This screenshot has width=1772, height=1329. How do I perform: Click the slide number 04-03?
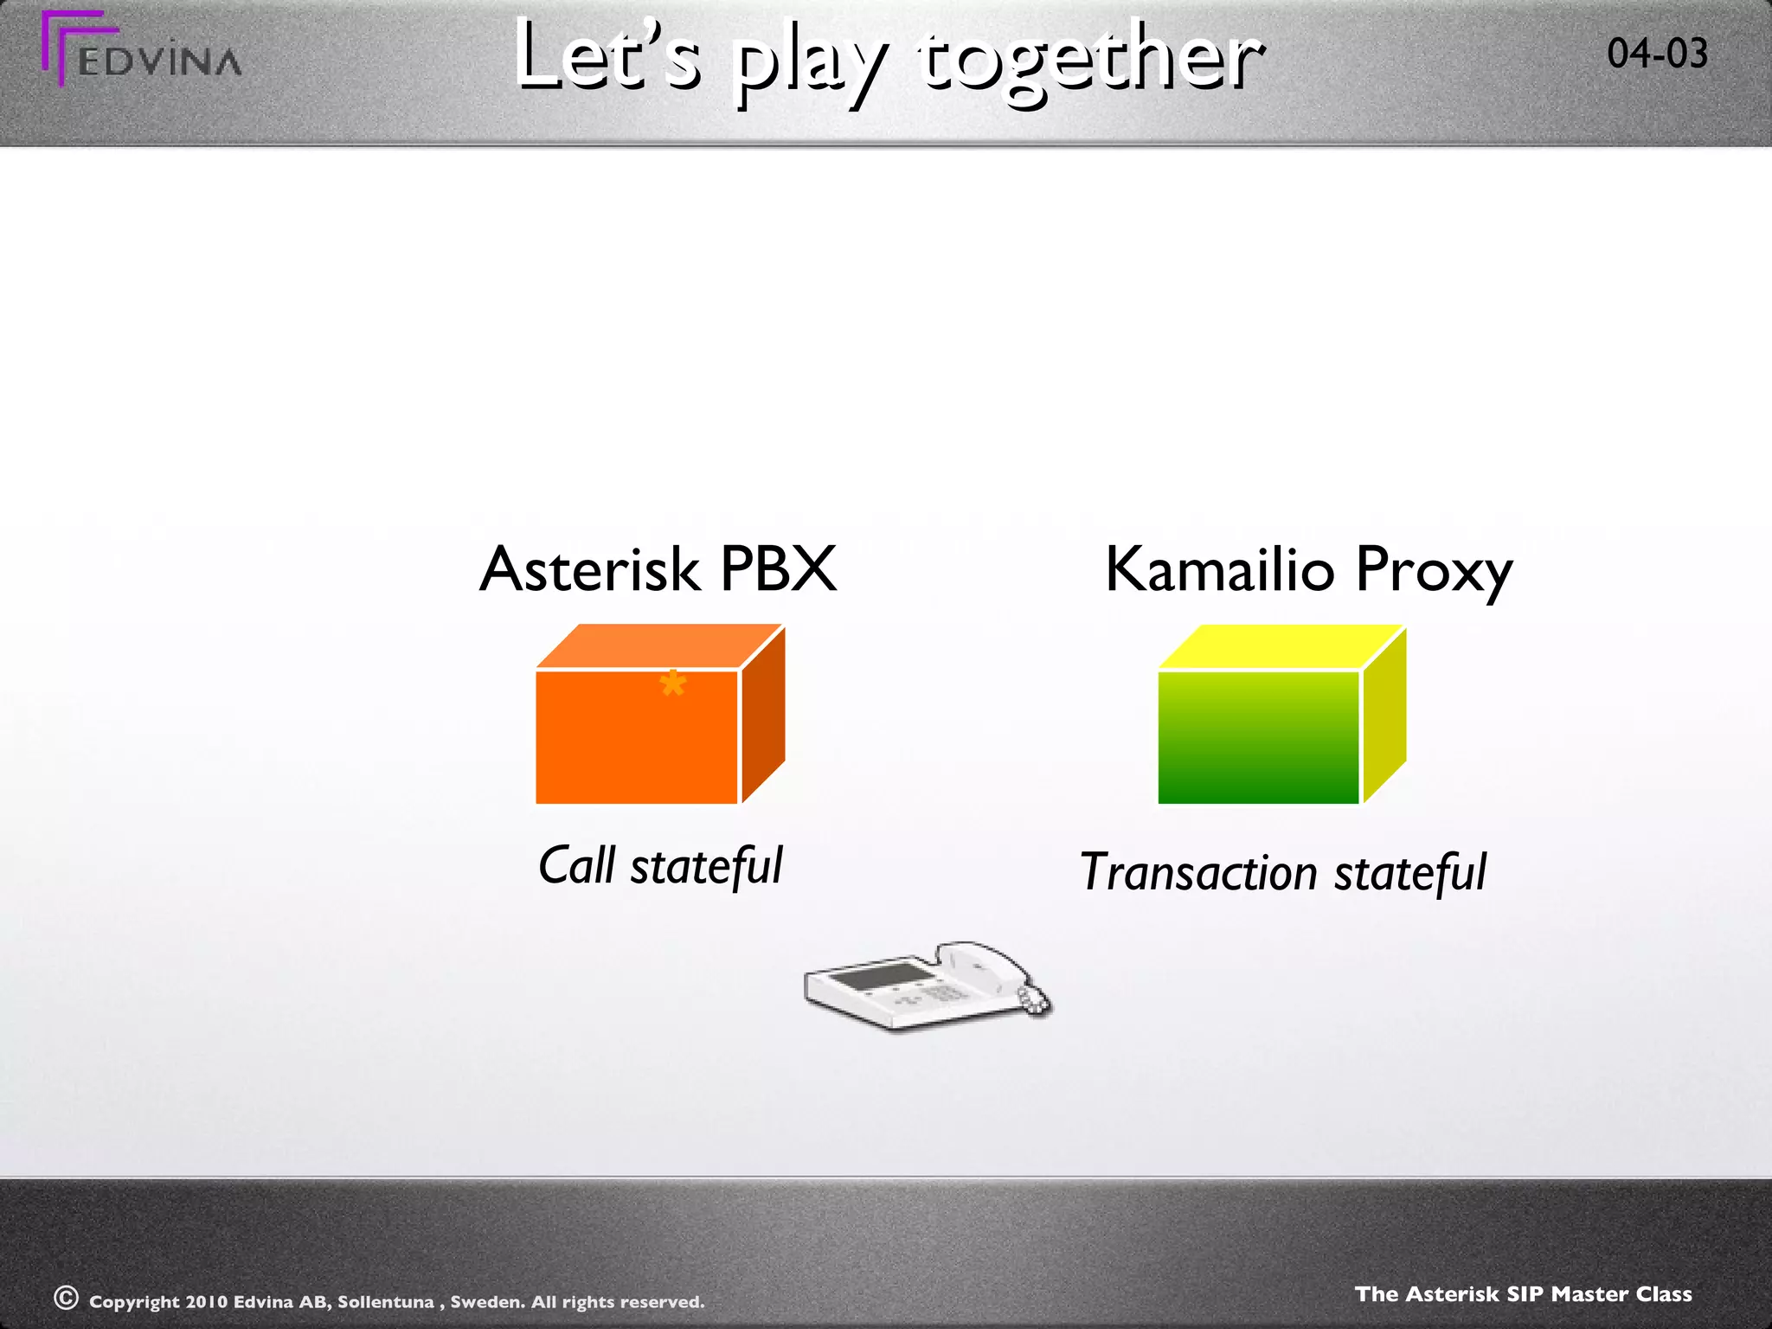tap(1657, 54)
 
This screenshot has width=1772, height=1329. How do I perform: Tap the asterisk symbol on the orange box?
tap(672, 685)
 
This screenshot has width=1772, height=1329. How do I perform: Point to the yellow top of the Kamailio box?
tap(1281, 646)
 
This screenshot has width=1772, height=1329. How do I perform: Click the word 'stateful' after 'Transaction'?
tap(1410, 872)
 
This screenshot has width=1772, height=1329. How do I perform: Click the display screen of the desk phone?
tap(878, 978)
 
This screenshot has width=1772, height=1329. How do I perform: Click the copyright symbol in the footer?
tap(66, 1298)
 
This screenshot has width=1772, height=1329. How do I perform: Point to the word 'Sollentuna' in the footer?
tap(385, 1302)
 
